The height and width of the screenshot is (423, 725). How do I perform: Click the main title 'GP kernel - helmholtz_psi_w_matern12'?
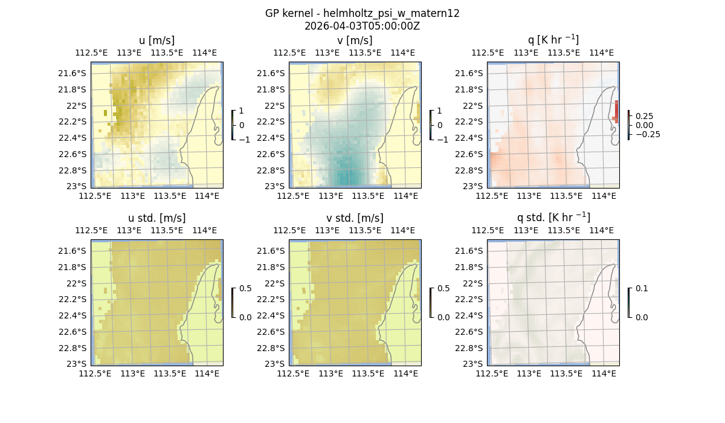(x=362, y=13)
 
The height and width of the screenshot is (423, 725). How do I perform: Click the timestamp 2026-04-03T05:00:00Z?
(x=362, y=26)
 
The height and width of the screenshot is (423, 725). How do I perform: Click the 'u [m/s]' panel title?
(x=156, y=40)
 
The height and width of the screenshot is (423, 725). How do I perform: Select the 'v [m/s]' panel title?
(x=355, y=40)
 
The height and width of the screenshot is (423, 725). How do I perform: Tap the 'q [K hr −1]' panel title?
(x=553, y=40)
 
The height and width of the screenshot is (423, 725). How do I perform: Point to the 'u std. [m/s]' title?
(x=156, y=218)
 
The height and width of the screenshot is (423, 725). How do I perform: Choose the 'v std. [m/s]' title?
(x=355, y=218)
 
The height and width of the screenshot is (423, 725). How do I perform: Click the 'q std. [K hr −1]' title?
(x=553, y=218)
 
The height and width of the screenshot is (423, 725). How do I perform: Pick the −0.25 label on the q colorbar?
(x=646, y=134)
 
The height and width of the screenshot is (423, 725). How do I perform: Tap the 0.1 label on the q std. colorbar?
(x=641, y=289)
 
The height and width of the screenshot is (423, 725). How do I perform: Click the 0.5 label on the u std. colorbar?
(x=245, y=289)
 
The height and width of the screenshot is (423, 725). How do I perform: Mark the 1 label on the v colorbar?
(x=439, y=111)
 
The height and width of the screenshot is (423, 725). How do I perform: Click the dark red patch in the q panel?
(x=616, y=111)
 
